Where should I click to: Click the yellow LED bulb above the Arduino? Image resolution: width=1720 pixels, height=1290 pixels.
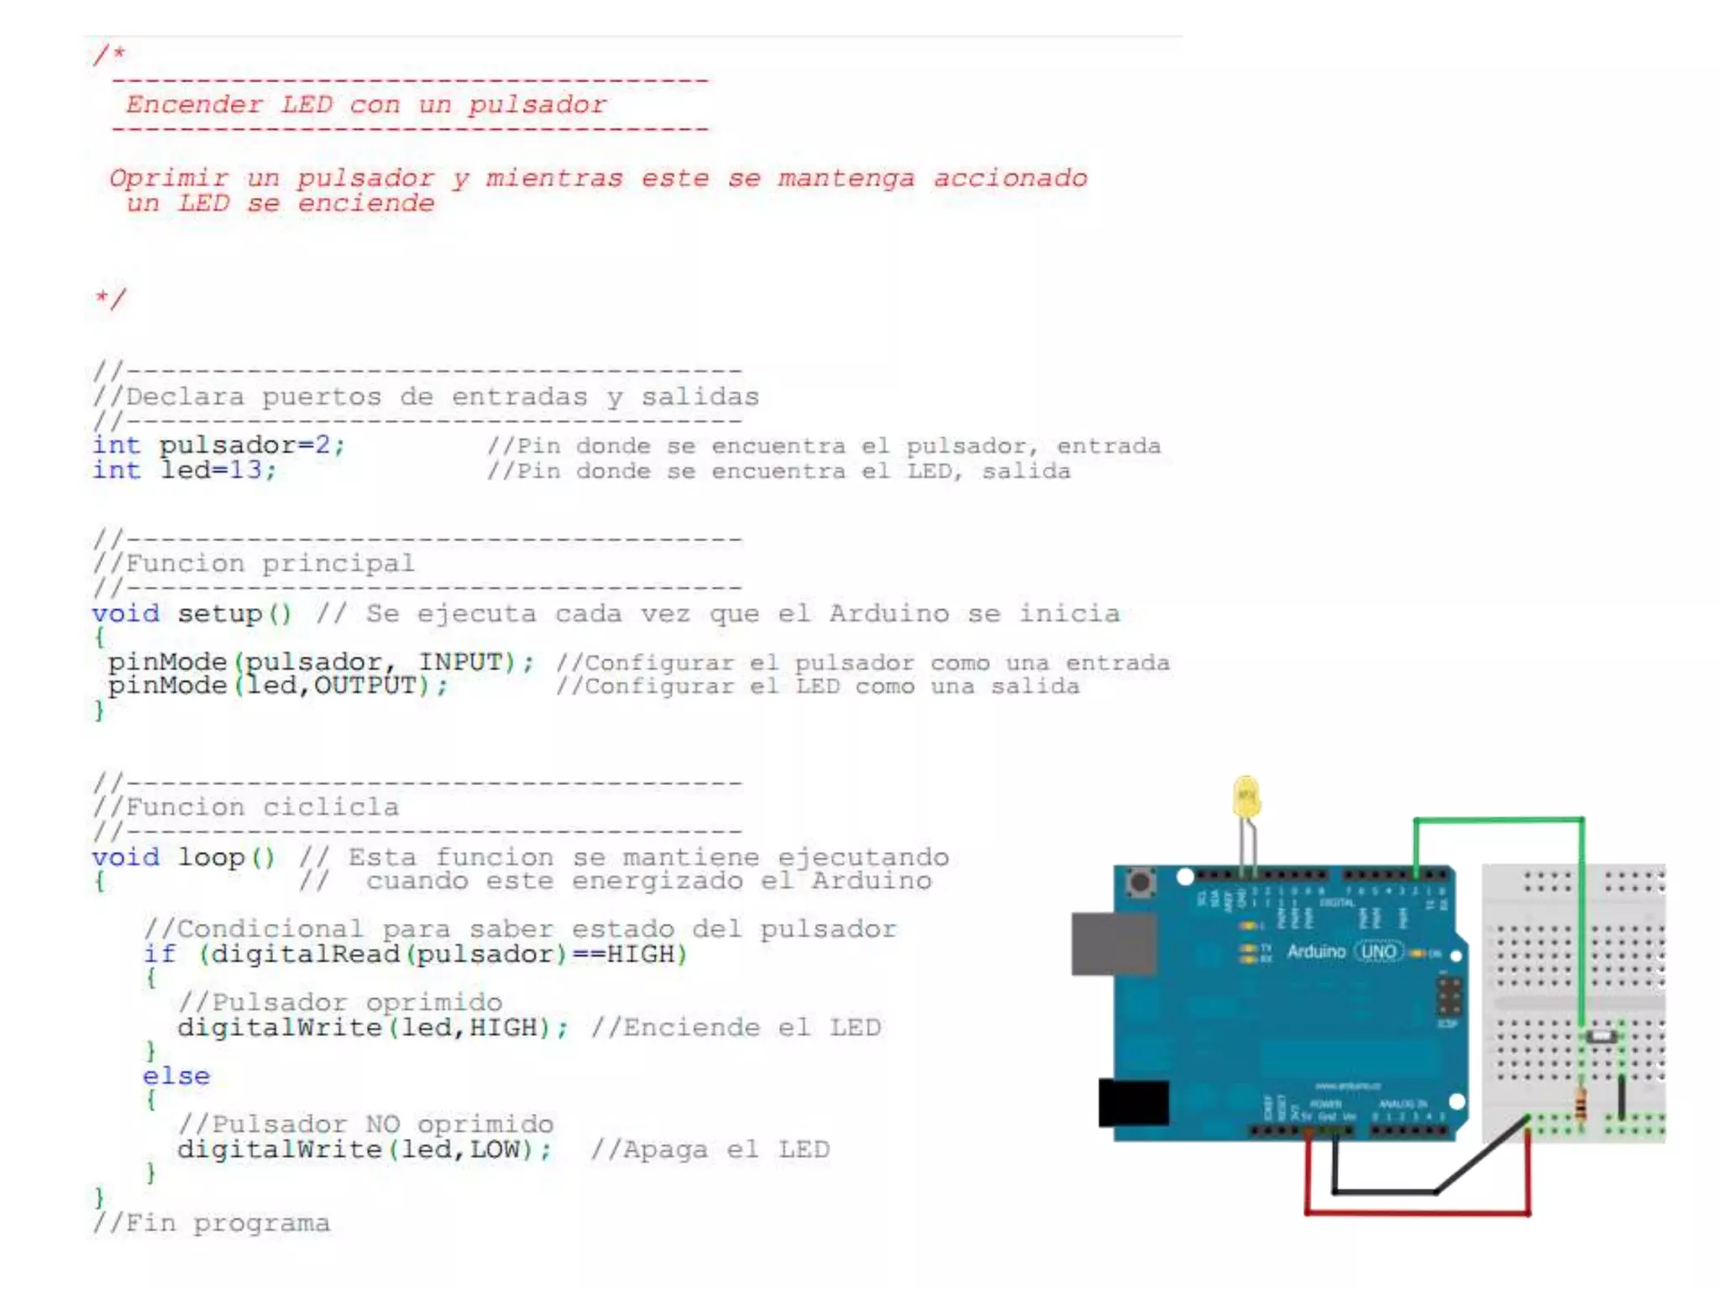[x=1246, y=797]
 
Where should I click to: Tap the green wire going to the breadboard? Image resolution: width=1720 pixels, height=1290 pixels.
[x=1498, y=819]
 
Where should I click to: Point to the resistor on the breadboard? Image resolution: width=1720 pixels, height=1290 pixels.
[x=1581, y=1104]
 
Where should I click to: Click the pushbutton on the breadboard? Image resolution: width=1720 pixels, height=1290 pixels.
[x=1601, y=1036]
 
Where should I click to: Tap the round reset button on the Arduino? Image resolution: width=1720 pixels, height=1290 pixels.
[x=1140, y=883]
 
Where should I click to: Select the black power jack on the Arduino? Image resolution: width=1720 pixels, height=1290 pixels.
[x=1133, y=1102]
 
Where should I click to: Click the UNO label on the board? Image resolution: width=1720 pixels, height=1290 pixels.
[x=1378, y=952]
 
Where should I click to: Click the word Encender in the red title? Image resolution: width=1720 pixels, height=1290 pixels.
[x=194, y=105]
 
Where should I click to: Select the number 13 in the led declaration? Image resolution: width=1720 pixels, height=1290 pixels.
[x=245, y=470]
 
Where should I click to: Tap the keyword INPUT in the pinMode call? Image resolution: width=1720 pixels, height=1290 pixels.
[x=460, y=662]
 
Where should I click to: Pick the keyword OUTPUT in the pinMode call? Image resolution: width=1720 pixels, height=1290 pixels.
[x=365, y=686]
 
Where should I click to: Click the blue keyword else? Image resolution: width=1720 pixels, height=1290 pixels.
[x=176, y=1076]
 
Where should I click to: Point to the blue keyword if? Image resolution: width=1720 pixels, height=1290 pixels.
[x=160, y=954]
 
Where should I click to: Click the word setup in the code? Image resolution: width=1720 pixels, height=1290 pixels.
[x=220, y=614]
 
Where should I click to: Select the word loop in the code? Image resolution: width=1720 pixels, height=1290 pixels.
[x=211, y=857]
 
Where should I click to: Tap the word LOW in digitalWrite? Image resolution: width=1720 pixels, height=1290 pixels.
[x=495, y=1149]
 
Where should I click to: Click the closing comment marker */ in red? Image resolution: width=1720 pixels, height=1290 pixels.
[x=110, y=298]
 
